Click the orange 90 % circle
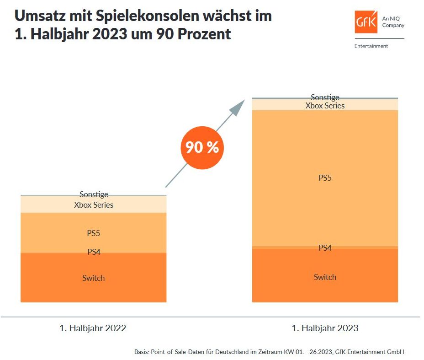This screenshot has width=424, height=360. (202, 147)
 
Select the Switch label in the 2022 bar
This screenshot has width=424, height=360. (94, 278)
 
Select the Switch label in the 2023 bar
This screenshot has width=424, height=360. (325, 277)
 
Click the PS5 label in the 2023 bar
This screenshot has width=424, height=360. (325, 178)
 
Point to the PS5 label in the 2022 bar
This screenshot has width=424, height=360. (94, 233)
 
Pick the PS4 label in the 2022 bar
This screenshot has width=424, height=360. (94, 252)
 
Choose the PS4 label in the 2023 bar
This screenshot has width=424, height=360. (325, 248)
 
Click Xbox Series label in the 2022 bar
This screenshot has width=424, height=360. (94, 205)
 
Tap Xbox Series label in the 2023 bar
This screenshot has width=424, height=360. (325, 106)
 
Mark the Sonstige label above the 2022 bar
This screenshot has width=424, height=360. (94, 195)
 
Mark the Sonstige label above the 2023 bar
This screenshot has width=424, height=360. (325, 97)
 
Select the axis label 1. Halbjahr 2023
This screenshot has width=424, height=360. (325, 328)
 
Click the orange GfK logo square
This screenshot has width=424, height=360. (366, 21)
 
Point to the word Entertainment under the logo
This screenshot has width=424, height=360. (371, 46)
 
